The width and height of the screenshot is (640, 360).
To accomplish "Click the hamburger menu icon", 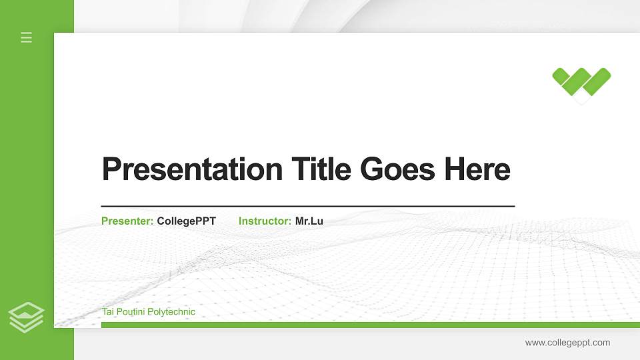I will pos(27,37).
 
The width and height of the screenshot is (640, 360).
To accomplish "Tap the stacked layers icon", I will pos(27,317).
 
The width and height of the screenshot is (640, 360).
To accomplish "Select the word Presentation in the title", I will pos(192,169).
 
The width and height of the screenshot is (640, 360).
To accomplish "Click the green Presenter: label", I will pos(127,221).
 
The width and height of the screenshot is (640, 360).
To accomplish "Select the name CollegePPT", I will pos(187,221).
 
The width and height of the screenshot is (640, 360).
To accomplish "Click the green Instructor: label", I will pos(265,221).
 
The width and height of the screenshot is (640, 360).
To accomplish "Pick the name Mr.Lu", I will pos(309,221).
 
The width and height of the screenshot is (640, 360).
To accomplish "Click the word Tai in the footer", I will pos(107,312).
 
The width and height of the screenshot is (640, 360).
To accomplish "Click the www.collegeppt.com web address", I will pos(567,343).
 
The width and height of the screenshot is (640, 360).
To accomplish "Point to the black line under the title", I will pos(308,206).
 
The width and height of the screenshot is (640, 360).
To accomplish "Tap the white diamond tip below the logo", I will pos(582,99).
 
